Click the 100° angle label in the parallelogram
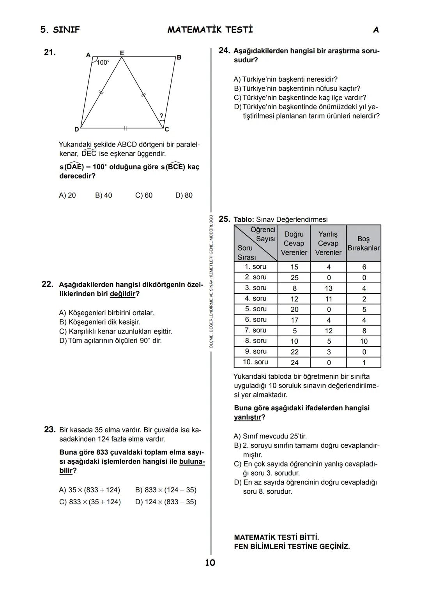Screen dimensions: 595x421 point(103,62)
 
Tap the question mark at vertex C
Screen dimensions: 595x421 point(161,116)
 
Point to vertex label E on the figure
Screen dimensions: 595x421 point(122,53)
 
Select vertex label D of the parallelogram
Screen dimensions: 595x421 point(77,129)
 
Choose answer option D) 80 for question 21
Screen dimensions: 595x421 point(184,195)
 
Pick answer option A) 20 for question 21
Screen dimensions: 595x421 point(67,195)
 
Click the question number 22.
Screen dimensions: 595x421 point(47,284)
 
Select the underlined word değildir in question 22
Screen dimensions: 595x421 point(122,294)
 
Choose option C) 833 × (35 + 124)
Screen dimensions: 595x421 point(90,502)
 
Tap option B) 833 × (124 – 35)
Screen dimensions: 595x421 point(166,490)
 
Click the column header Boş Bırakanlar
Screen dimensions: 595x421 point(363,243)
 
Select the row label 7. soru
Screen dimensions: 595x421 point(255,330)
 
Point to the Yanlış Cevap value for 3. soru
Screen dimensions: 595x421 point(329,288)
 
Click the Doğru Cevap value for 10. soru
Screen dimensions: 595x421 point(294,362)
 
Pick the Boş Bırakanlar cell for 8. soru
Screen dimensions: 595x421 point(363,341)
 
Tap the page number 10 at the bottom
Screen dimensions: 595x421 point(210,562)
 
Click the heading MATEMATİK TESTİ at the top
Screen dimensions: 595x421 point(210,30)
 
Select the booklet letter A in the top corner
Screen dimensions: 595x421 point(375,30)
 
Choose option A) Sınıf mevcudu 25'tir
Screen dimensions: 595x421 point(273,436)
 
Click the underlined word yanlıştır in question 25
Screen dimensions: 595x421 point(247,417)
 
